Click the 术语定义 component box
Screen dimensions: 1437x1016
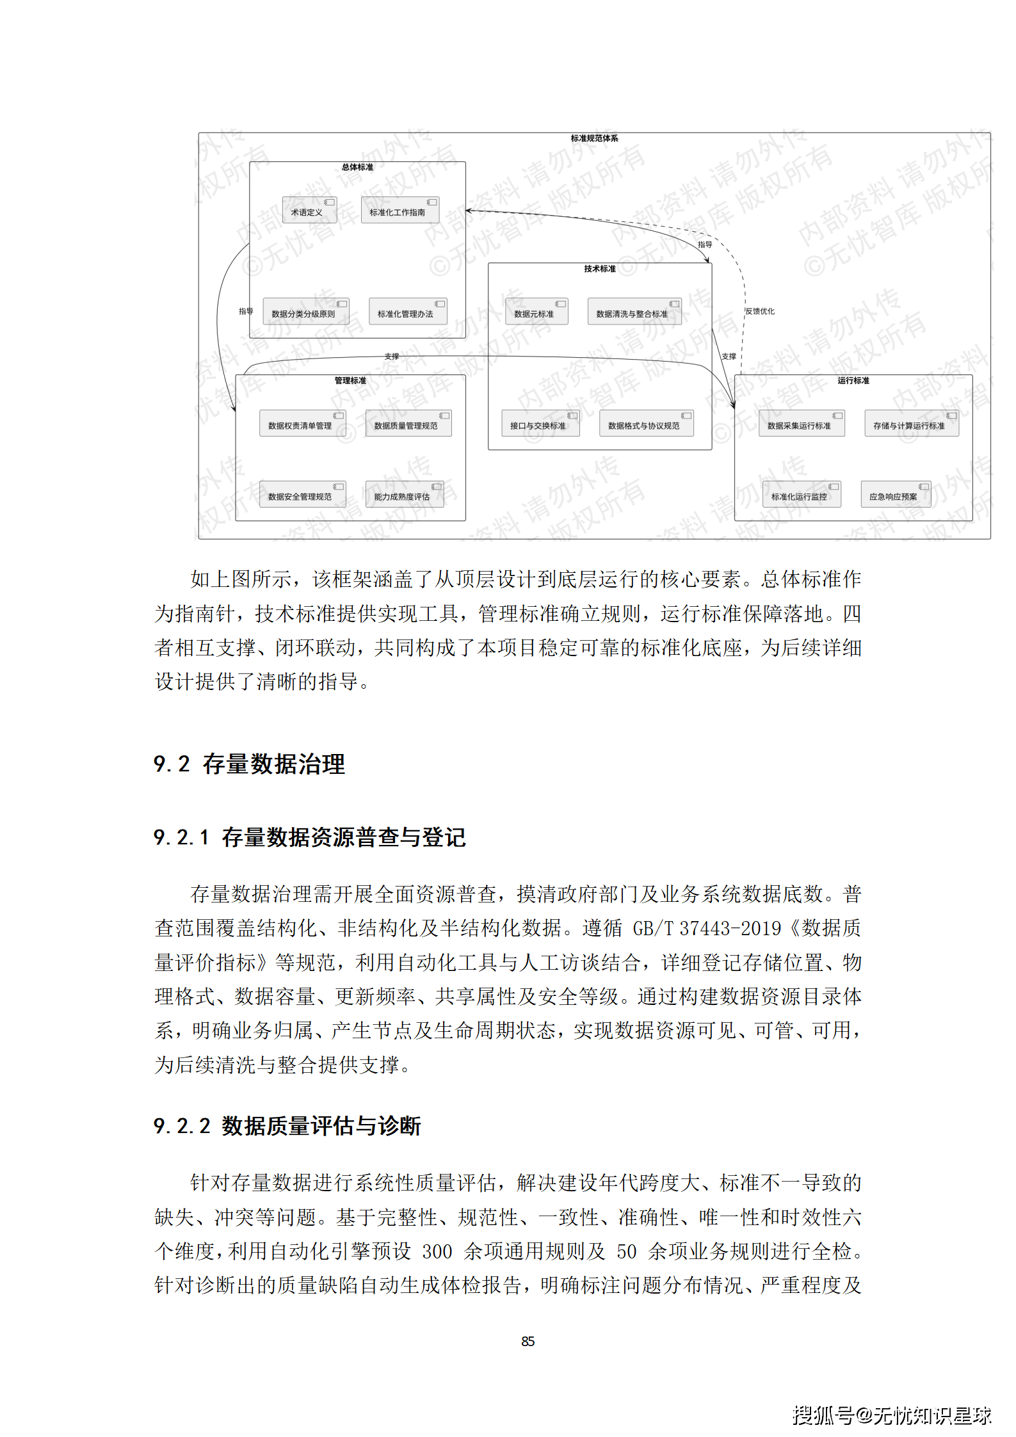[x=309, y=211]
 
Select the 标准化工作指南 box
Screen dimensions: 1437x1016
[x=399, y=211]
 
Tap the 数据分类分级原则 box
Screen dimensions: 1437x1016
[x=305, y=312]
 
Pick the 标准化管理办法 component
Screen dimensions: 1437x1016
[x=407, y=312]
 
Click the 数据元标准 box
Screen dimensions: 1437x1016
[x=536, y=312]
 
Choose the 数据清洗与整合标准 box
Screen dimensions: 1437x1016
[x=634, y=312]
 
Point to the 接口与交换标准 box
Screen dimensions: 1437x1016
[x=540, y=424]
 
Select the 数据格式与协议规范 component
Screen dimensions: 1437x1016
[x=646, y=424]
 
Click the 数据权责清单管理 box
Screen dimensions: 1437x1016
[x=302, y=424]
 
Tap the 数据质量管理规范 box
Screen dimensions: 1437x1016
[x=408, y=424]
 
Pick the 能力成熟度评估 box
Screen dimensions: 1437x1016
[x=404, y=495]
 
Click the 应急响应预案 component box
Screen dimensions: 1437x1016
[x=895, y=495]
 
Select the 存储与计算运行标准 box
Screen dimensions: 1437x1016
[x=911, y=424]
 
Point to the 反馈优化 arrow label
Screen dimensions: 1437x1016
[x=760, y=312]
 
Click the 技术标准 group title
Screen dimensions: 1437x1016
[x=599, y=269]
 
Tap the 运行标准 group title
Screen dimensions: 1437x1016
[x=853, y=381]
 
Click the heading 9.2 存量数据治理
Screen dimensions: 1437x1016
[x=249, y=764]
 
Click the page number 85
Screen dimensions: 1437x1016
[x=528, y=1342]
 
